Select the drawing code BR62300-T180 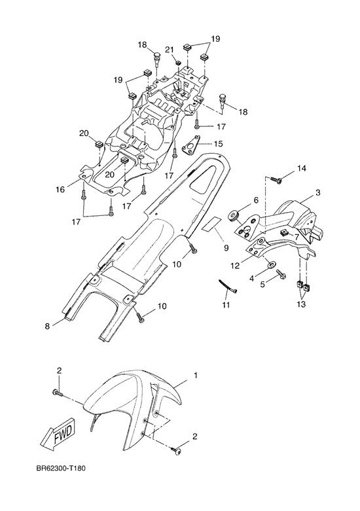point(61,469)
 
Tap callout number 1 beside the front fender point(196,376)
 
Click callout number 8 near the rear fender point(48,326)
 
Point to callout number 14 point(302,168)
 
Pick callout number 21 point(170,50)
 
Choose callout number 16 point(60,189)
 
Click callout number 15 point(218,143)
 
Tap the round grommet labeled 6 point(234,217)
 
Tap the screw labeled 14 point(276,179)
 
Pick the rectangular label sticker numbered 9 point(211,224)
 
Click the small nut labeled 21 point(179,62)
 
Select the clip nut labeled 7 point(283,233)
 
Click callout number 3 point(317,192)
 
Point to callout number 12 point(235,266)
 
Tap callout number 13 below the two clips point(301,304)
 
